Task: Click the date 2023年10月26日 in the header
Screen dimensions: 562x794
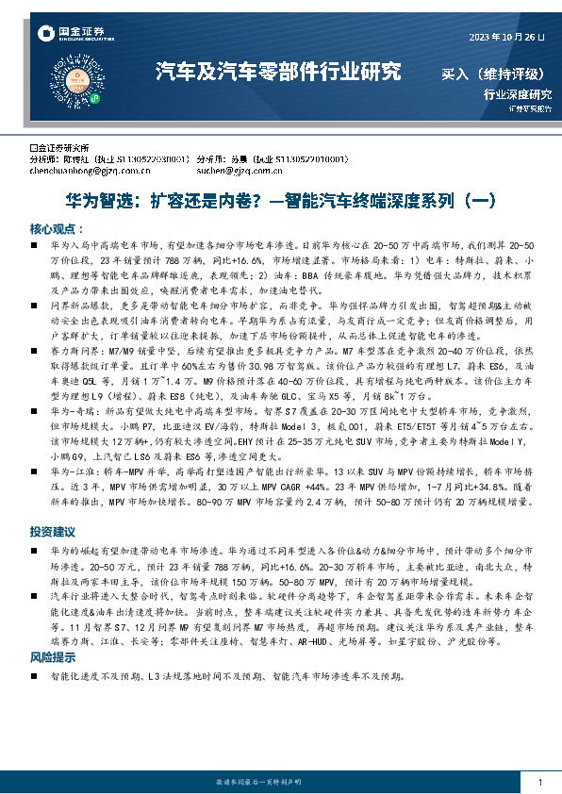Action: click(506, 37)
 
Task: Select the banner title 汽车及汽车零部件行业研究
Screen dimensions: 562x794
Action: click(278, 72)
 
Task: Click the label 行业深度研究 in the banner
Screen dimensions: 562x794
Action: click(517, 94)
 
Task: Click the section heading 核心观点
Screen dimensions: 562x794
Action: click(57, 229)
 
